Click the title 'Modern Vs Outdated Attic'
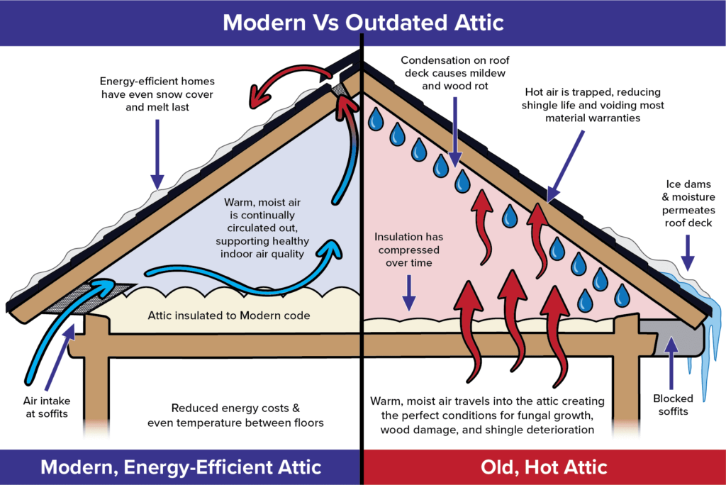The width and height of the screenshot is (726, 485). (x=362, y=23)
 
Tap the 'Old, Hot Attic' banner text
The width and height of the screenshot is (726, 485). (x=543, y=467)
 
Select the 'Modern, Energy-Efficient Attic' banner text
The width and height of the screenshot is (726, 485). (x=181, y=467)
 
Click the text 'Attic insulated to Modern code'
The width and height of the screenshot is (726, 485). (x=229, y=316)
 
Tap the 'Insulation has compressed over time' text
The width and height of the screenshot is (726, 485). (x=408, y=250)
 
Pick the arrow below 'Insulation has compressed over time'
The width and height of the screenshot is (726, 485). (x=409, y=292)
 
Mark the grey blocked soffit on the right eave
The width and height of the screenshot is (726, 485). (x=674, y=328)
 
